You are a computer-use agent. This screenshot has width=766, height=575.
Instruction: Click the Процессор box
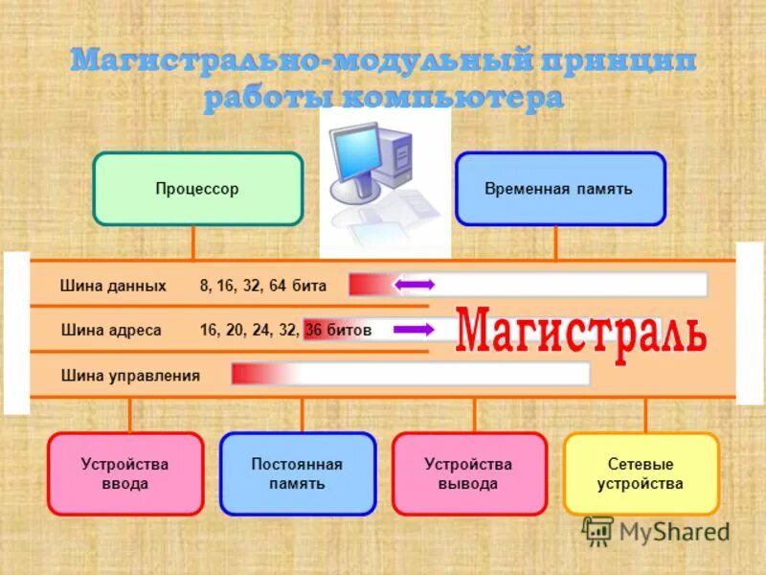coord(197,189)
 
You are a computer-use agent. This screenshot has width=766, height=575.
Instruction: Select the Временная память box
coord(559,189)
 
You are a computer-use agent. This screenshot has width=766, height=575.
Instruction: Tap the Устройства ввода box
coord(125,473)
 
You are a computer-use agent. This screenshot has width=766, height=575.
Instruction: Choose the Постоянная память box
coord(297,473)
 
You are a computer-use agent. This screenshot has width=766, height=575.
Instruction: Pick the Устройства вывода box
coord(468,473)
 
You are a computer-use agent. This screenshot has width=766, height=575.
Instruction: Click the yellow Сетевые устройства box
coord(641,473)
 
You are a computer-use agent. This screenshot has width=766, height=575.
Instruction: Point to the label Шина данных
coord(113,286)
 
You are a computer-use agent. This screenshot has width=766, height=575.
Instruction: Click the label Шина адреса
coord(111,331)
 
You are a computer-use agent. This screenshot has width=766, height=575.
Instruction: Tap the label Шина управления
coord(130,375)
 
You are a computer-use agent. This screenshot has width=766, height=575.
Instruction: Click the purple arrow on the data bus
coord(415,285)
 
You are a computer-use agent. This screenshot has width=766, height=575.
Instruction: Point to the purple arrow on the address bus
coord(414,330)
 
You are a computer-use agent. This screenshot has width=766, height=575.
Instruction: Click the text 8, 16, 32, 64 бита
coord(263,286)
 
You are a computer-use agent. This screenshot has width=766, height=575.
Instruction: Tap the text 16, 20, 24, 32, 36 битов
coord(284,331)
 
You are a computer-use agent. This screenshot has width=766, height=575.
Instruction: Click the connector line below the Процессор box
coord(193,242)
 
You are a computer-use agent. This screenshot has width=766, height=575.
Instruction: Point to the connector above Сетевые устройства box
coord(645,415)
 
